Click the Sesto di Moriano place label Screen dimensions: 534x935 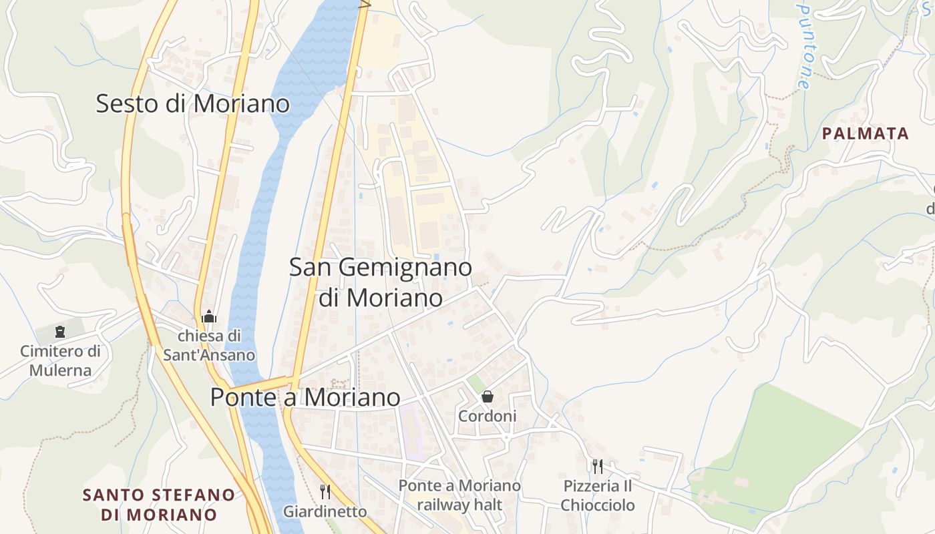click(x=193, y=104)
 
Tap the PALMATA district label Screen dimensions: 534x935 click(x=866, y=133)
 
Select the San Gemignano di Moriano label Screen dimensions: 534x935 click(x=381, y=282)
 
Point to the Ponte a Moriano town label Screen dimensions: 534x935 click(x=305, y=397)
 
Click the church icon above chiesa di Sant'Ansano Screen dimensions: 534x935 click(x=209, y=316)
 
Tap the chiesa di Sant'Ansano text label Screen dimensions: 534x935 click(x=209, y=345)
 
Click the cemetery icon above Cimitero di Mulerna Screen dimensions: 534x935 click(x=60, y=331)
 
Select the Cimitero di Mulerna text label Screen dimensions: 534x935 click(x=60, y=360)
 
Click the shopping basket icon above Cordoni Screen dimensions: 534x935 click(x=488, y=396)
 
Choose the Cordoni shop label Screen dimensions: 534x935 click(x=488, y=417)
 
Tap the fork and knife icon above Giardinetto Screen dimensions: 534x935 click(x=325, y=492)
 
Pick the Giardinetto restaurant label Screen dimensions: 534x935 click(x=325, y=512)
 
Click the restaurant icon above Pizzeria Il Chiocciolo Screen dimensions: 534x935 click(x=598, y=466)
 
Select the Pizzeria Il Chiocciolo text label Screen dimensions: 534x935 click(x=598, y=495)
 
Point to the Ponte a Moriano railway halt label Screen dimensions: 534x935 click(x=459, y=495)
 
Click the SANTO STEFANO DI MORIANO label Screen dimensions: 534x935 click(x=159, y=505)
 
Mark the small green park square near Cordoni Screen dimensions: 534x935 click(x=476, y=382)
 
